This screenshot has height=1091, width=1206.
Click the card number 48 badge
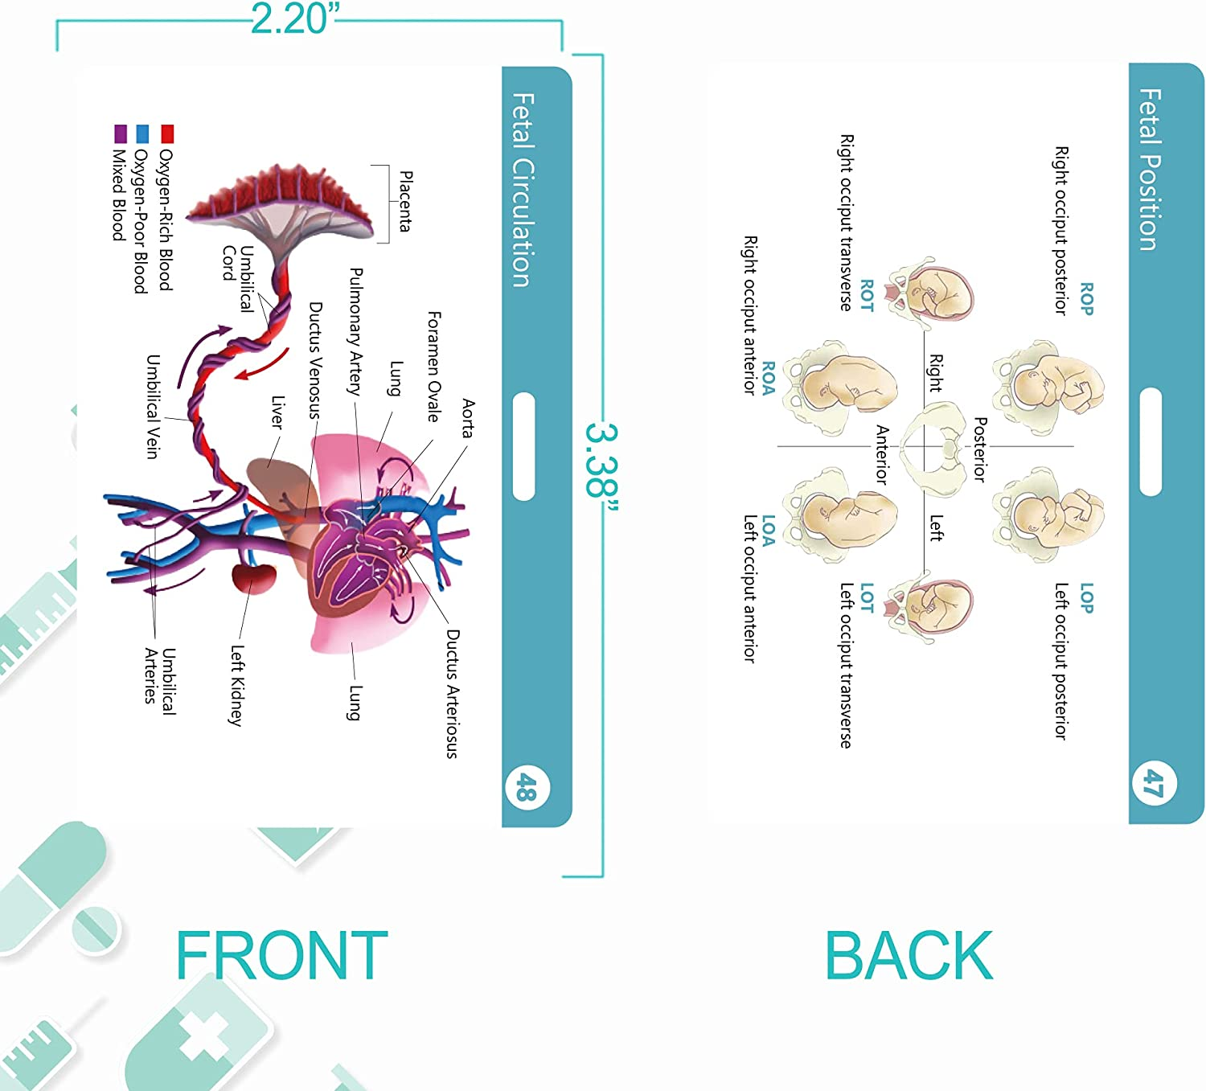pos(527,787)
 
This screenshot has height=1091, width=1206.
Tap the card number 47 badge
pos(1154,782)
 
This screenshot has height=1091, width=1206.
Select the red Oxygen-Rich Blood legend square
pos(167,133)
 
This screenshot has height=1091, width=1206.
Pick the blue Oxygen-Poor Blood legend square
pos(143,133)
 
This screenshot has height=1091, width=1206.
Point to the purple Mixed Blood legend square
pos(121,133)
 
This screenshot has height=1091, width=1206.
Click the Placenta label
pos(406,201)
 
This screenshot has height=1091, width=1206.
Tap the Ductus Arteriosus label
pos(453,694)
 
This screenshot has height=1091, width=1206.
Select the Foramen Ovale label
pos(433,367)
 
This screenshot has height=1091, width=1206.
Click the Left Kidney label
pos(236,685)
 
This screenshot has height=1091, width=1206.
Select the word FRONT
pos(281,956)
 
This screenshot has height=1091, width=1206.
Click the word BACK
pos(909,956)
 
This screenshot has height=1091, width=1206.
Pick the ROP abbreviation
pos(1086,298)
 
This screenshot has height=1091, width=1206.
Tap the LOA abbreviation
pos(768,531)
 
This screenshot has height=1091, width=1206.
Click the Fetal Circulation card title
pos(523,190)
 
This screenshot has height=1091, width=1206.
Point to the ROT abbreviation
pos(867,296)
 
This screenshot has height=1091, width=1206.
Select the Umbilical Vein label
pos(153,406)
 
